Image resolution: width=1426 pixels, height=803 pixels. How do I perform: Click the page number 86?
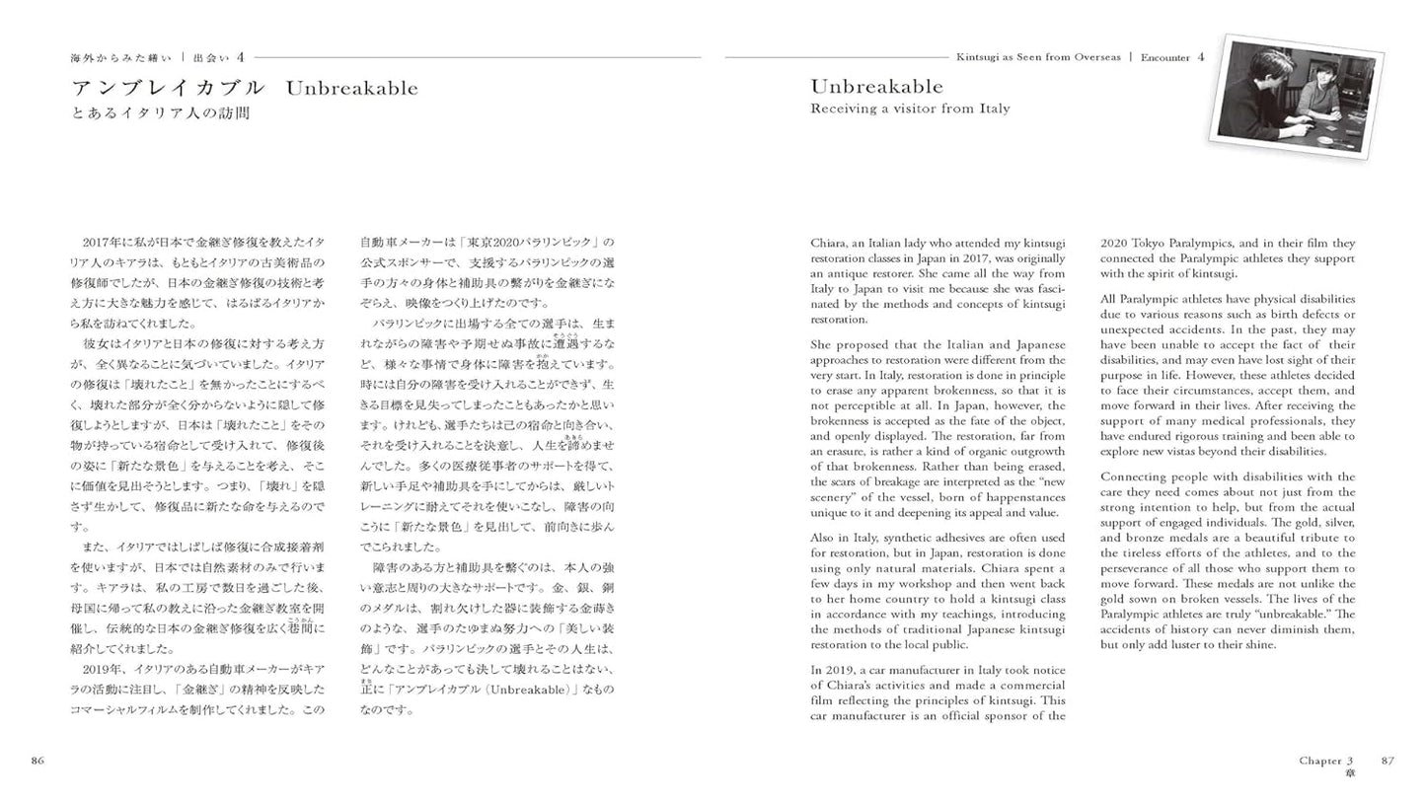click(x=38, y=760)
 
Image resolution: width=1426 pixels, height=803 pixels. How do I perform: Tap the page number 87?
click(x=1388, y=760)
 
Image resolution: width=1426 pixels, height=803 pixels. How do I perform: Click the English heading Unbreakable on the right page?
click(x=876, y=86)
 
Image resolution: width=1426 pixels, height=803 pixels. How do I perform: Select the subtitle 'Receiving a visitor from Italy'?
click(x=910, y=109)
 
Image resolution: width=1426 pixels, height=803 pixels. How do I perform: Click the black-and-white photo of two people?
click(x=1297, y=96)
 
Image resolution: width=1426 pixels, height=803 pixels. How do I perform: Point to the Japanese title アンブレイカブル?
click(x=169, y=88)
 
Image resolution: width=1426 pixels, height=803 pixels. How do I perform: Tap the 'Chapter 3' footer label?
click(x=1325, y=760)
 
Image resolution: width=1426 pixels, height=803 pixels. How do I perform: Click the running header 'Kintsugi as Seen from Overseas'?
click(x=1037, y=57)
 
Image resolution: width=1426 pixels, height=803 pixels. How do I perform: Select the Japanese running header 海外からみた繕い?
click(x=120, y=58)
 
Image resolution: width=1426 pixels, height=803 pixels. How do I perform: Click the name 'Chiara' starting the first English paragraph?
click(x=828, y=243)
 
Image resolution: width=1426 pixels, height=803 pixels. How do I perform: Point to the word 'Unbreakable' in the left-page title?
click(x=351, y=88)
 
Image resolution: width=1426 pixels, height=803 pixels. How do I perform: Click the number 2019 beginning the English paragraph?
click(x=825, y=670)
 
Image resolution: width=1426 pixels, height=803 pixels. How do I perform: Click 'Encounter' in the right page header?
click(x=1164, y=57)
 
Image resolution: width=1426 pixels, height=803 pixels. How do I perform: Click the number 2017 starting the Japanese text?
click(x=100, y=243)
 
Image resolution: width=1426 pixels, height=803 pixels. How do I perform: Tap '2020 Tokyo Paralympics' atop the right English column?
click(x=1164, y=243)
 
